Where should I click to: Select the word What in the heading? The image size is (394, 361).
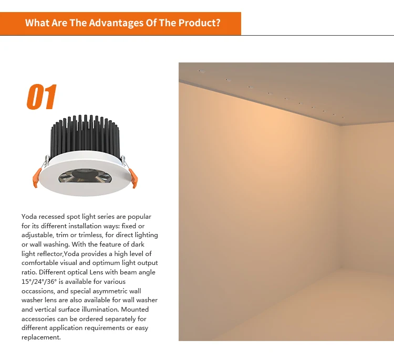(x=37, y=23)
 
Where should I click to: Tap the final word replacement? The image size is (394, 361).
(x=41, y=337)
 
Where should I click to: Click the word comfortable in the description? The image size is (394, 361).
(x=42, y=263)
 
